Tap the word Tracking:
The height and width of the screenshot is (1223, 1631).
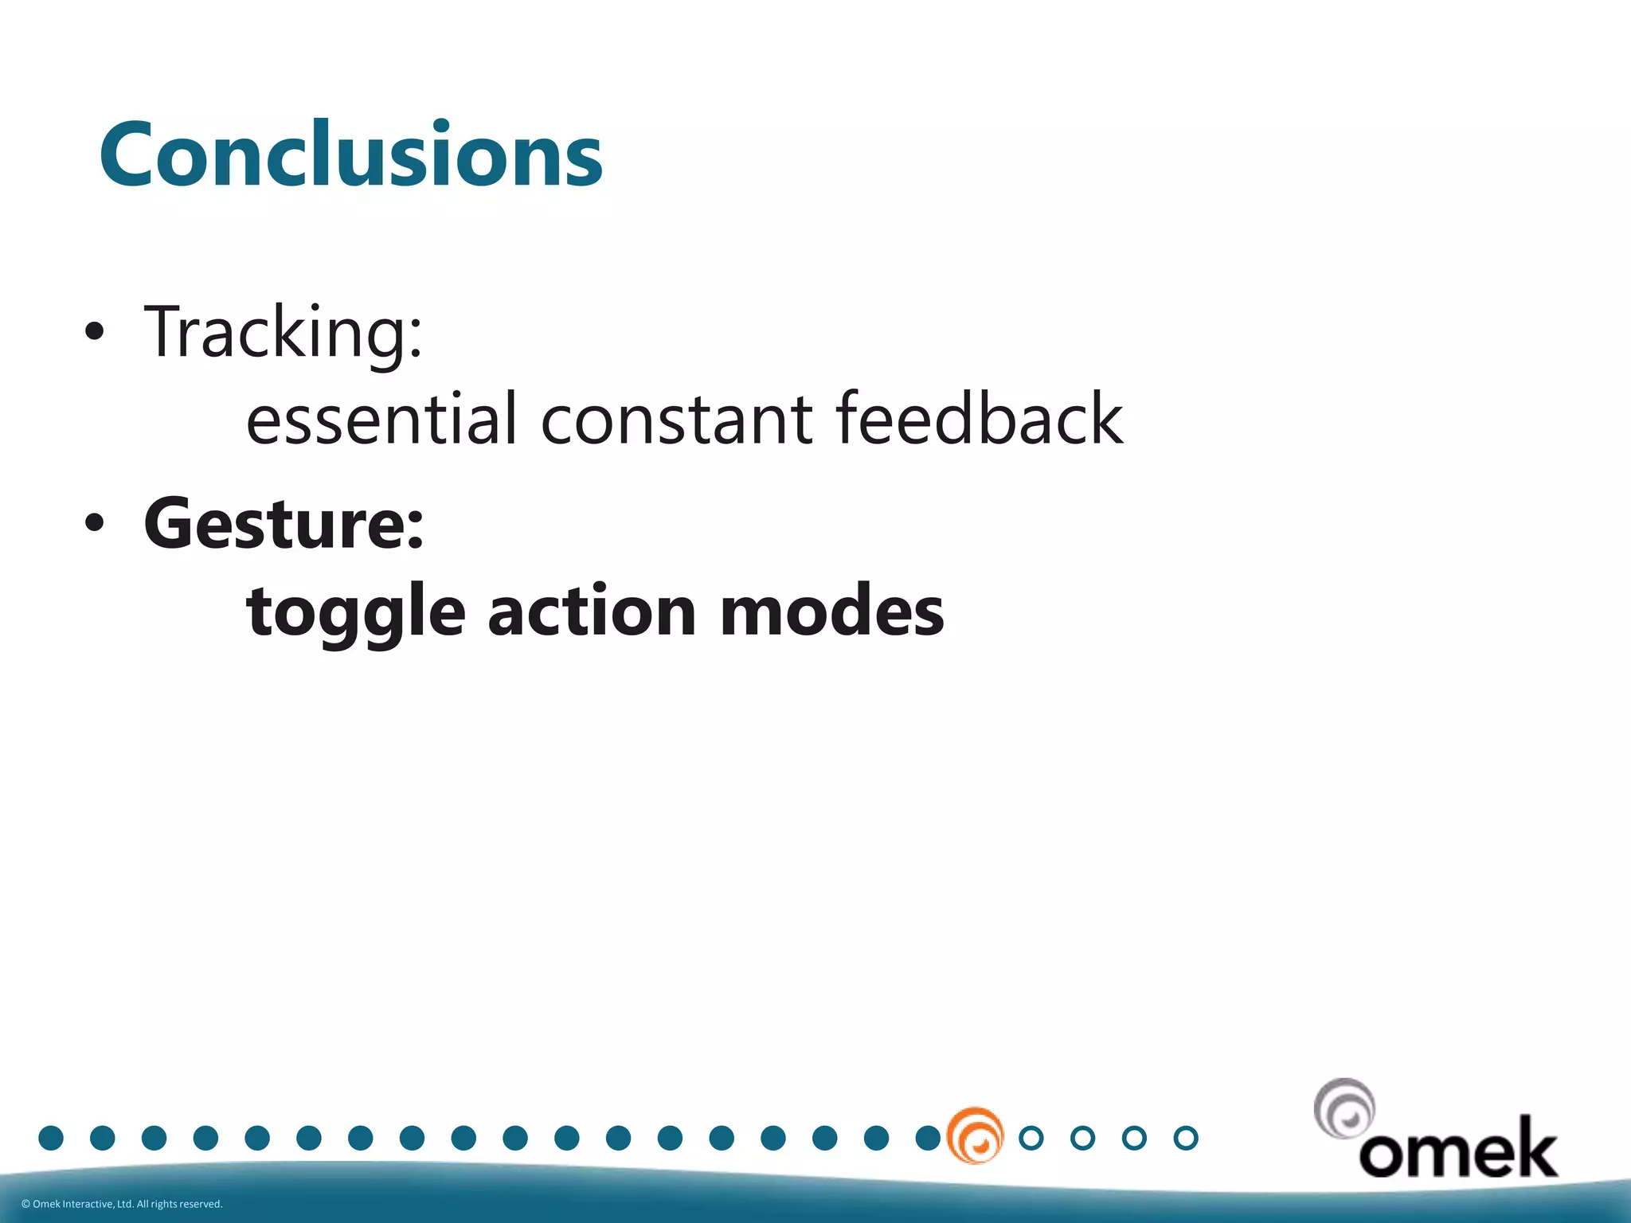coord(283,333)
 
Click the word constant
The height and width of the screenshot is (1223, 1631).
coord(677,419)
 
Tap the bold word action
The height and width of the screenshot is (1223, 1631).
coord(592,611)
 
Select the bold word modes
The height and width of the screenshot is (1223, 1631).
coord(831,611)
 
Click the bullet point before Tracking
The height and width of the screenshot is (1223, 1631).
coord(94,333)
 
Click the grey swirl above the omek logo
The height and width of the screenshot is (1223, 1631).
coord(1344,1108)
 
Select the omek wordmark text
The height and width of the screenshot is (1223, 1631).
coord(1457,1149)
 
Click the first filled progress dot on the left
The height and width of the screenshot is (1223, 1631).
coord(51,1138)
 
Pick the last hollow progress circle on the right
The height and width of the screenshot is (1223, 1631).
coord(1186,1138)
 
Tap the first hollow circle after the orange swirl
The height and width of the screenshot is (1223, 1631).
coord(1031,1138)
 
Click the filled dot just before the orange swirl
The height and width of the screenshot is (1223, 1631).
coord(927,1138)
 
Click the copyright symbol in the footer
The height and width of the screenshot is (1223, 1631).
coord(25,1204)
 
